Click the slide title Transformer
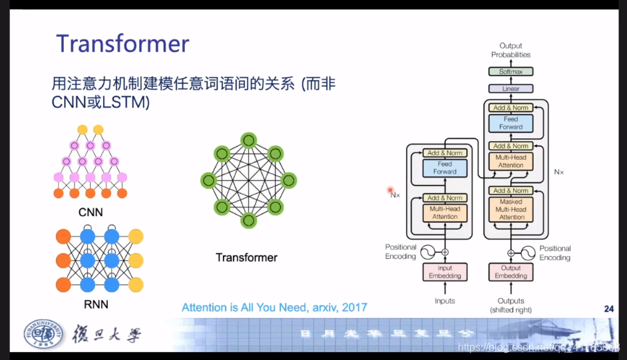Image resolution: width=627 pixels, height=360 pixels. click(x=122, y=44)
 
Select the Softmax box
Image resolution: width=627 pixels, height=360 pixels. click(x=511, y=71)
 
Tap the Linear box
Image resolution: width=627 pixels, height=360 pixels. click(x=511, y=89)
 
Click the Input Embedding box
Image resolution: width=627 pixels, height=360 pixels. click(x=445, y=271)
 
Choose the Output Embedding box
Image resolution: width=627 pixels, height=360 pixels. click(x=511, y=271)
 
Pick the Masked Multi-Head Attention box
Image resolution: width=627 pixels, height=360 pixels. click(x=511, y=209)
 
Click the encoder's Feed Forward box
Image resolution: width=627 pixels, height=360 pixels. click(x=445, y=168)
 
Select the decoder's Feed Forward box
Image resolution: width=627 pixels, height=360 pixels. click(x=511, y=123)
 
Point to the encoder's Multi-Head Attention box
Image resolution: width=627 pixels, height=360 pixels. click(x=445, y=212)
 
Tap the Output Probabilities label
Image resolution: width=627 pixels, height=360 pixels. click(x=511, y=50)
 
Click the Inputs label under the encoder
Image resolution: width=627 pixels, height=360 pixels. click(x=445, y=301)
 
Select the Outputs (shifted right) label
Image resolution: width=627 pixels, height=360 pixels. click(x=511, y=305)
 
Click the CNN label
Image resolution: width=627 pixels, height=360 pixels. click(x=91, y=213)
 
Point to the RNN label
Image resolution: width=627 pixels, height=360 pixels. click(x=96, y=305)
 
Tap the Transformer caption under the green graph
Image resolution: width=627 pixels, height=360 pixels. click(x=246, y=258)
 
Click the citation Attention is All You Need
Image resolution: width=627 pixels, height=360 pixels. click(x=274, y=307)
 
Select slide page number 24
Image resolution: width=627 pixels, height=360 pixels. click(x=608, y=309)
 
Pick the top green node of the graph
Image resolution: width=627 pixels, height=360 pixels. click(x=248, y=140)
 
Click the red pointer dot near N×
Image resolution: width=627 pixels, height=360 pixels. click(x=391, y=190)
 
